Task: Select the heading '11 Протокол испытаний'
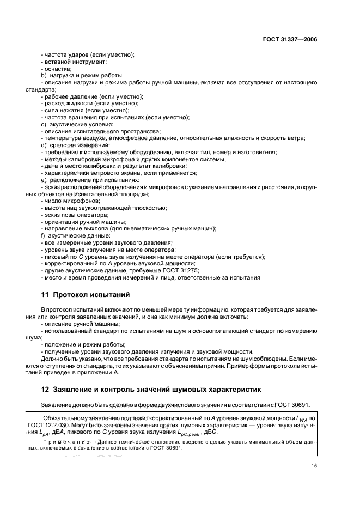[86, 295]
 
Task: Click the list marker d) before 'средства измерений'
[44, 145]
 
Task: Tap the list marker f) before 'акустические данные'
[43, 235]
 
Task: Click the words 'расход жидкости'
[67, 103]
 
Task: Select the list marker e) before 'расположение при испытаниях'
[44, 180]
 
